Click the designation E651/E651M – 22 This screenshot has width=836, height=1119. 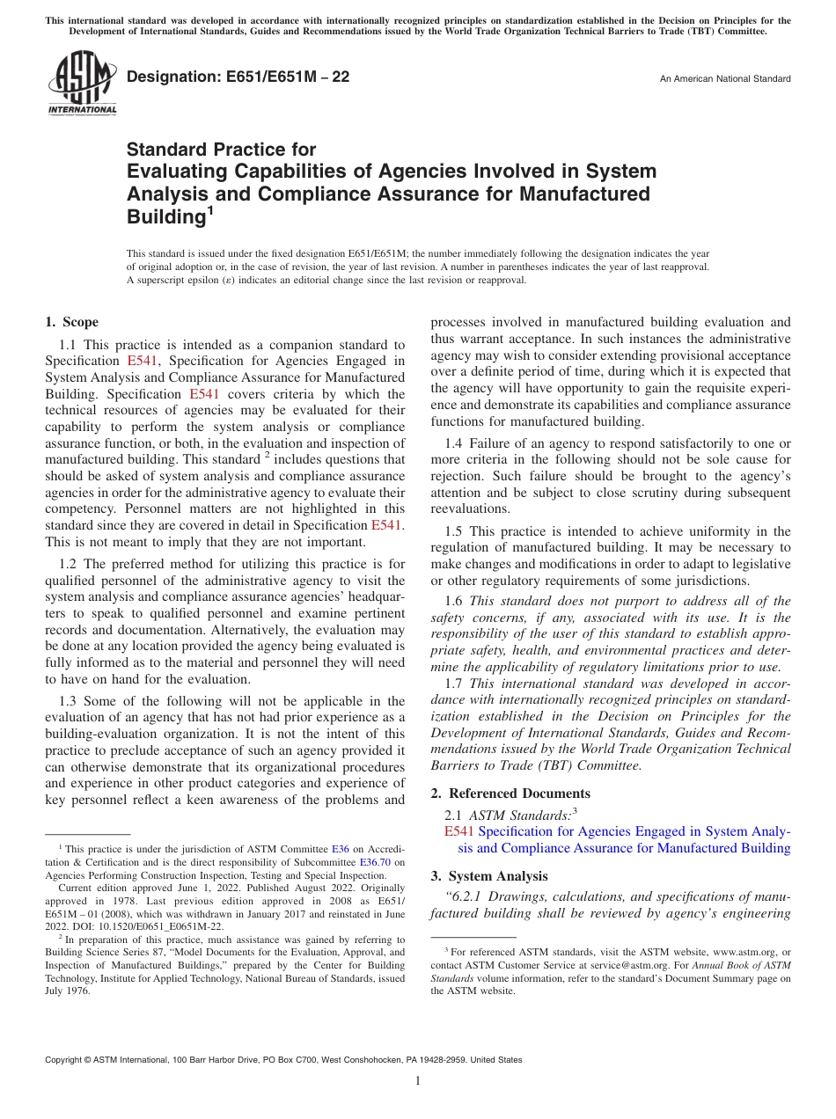[238, 77]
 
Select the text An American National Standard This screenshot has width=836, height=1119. [724, 79]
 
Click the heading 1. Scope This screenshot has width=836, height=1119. [71, 322]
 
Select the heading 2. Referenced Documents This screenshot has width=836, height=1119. [510, 794]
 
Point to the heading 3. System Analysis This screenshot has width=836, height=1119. [488, 876]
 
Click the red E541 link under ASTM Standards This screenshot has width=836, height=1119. [459, 830]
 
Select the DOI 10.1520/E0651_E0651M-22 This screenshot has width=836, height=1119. [153, 926]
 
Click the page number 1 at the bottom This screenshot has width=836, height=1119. [418, 1081]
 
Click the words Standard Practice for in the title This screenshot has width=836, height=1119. [221, 150]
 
